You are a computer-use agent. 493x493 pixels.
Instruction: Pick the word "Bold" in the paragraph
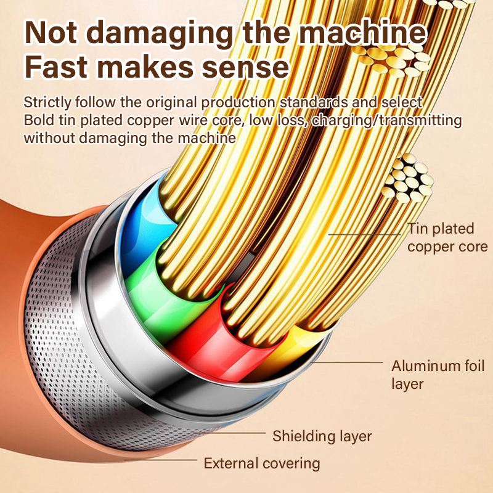coord(38,120)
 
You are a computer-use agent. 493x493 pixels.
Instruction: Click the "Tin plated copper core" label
coord(447,238)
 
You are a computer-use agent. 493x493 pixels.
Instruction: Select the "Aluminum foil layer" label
coord(438,375)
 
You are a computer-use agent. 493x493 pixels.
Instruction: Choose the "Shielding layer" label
coord(322,436)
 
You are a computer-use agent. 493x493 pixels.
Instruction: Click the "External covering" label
coord(262,463)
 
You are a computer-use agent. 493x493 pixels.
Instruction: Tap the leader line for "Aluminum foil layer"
coord(351,362)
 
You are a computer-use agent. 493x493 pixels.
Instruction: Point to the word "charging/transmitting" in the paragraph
coord(387,120)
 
